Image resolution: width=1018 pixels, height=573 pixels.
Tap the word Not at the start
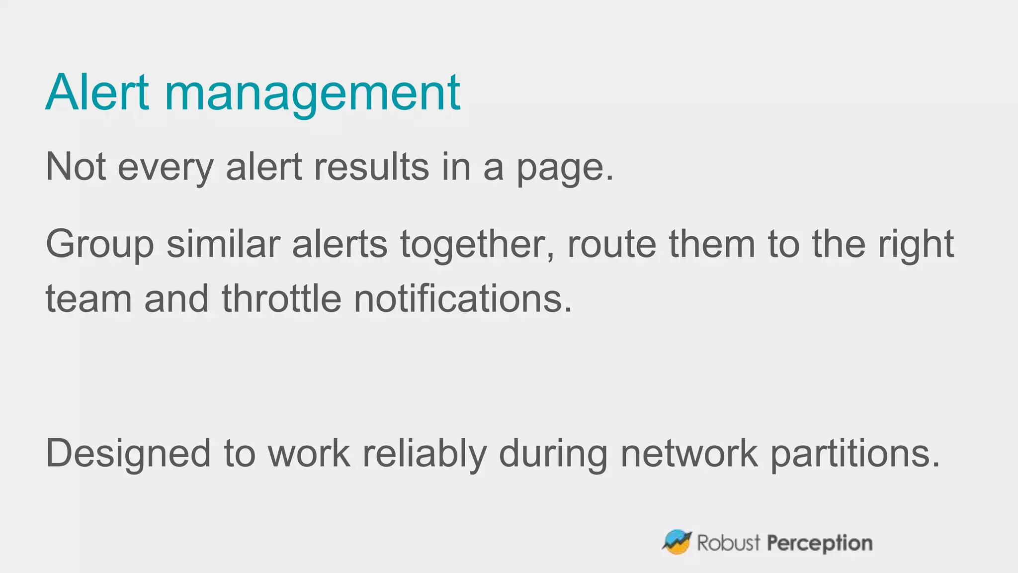click(x=76, y=167)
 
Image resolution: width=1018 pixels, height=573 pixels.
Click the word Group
click(x=99, y=245)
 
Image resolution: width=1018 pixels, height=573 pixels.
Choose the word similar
click(x=223, y=244)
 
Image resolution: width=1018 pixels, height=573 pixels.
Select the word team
click(x=88, y=298)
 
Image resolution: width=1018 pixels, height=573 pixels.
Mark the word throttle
click(x=281, y=298)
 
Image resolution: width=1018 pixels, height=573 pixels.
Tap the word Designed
click(x=128, y=454)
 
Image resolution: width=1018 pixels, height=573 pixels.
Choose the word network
click(x=689, y=454)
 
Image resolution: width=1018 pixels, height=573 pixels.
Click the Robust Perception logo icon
click(x=677, y=542)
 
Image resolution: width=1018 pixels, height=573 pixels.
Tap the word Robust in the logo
click(x=729, y=543)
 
